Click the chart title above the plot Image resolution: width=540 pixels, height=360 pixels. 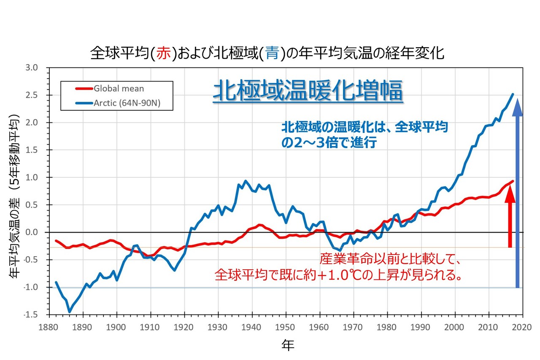267,54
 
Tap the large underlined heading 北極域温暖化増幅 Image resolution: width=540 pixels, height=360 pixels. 308,92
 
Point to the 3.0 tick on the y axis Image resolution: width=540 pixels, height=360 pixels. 32,68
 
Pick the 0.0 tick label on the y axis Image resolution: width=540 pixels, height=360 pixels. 32,233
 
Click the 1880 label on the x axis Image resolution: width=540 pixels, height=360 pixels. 49,327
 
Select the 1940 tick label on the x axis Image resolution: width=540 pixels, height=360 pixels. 252,327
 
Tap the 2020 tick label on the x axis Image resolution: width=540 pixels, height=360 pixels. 523,327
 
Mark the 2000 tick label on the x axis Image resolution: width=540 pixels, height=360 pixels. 455,327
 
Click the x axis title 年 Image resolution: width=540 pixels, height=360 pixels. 288,346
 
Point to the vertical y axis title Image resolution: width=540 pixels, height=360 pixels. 14,196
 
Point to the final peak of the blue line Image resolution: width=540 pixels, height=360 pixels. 513,94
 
